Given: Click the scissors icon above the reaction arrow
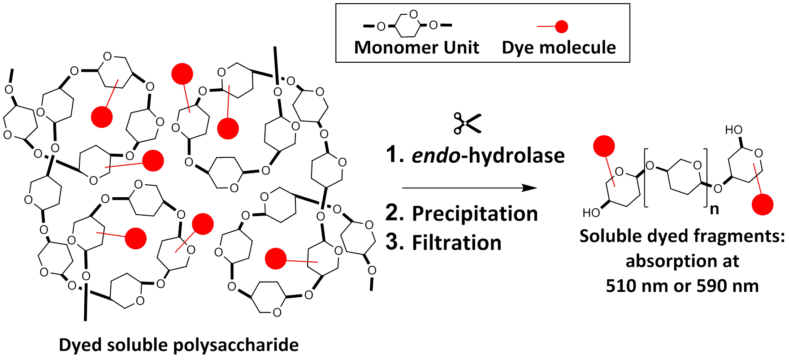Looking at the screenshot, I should [467, 123].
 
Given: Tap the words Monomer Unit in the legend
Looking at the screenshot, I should [416, 48].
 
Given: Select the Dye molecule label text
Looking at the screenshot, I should [559, 48].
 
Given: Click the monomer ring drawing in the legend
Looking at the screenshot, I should [407, 26].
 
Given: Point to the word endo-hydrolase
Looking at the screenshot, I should [488, 156].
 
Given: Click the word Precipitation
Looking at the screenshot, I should [475, 213].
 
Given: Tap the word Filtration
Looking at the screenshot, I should [456, 243].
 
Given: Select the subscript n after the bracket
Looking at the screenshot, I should [714, 209].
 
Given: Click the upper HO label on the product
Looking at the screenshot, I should [734, 130].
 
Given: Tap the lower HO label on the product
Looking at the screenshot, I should [591, 213].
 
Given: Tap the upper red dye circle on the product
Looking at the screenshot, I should [604, 146].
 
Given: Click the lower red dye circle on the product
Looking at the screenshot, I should [762, 204].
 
